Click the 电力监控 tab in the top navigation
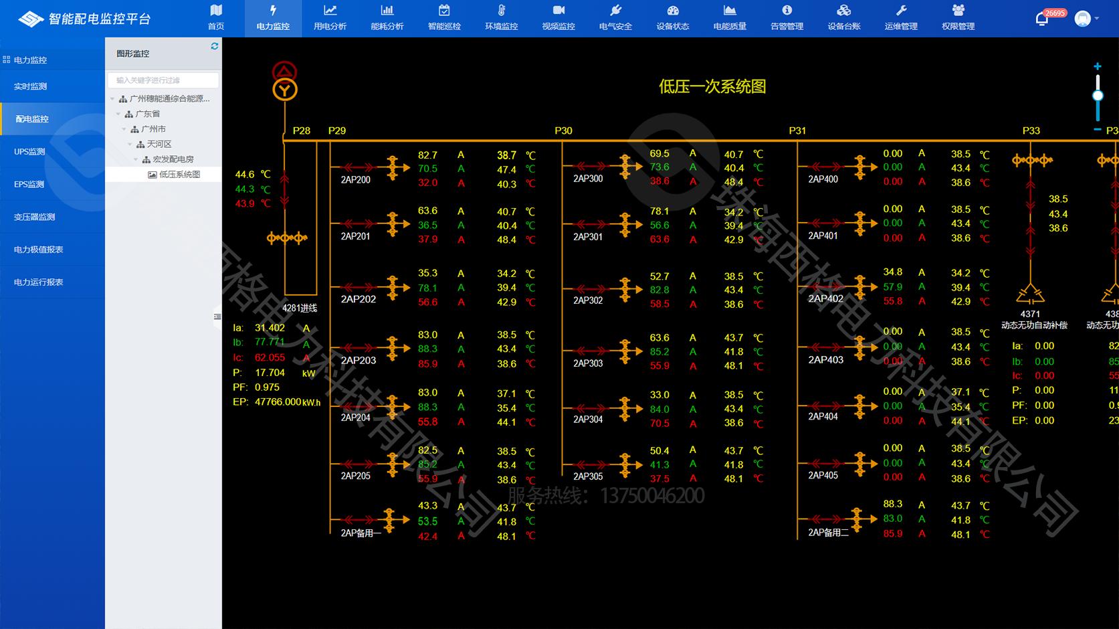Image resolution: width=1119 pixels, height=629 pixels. [x=273, y=18]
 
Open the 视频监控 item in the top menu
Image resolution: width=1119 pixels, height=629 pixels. [x=558, y=18]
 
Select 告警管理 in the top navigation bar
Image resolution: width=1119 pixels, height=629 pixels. [x=787, y=18]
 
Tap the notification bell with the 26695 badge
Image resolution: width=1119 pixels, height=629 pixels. [x=1042, y=19]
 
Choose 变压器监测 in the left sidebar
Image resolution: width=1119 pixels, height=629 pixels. [x=35, y=217]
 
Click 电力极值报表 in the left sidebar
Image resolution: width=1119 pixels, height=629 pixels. [x=39, y=250]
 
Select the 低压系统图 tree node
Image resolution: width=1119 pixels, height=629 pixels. [x=179, y=175]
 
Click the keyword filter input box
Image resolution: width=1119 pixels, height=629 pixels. [x=163, y=80]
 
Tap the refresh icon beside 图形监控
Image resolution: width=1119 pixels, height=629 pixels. [x=215, y=46]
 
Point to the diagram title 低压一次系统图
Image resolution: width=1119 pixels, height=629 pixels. [x=712, y=86]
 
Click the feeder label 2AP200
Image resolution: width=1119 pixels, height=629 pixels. [x=356, y=179]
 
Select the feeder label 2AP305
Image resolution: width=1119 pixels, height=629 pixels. [x=588, y=476]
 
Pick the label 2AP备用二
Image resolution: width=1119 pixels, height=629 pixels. [x=828, y=533]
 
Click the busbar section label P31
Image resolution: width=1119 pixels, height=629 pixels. [x=797, y=130]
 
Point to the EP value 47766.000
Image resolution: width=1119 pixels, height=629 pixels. [x=278, y=402]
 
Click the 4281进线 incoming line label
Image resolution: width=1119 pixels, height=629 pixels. [x=300, y=308]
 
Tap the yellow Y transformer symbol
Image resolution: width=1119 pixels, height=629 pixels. [x=285, y=90]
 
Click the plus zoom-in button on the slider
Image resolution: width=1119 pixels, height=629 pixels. [x=1098, y=66]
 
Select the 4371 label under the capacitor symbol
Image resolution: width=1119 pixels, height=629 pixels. [x=1030, y=314]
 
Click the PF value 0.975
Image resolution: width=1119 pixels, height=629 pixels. [x=267, y=387]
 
